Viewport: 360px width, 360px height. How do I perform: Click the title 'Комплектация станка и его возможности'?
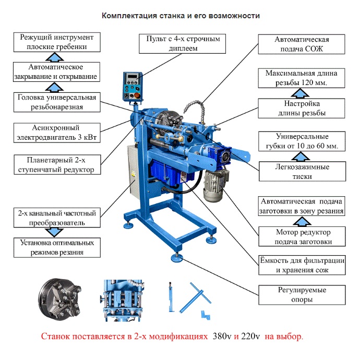pos(181,16)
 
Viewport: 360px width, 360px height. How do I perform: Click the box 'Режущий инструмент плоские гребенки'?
pos(56,42)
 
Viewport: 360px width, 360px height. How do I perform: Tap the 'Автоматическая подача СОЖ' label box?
pos(302,44)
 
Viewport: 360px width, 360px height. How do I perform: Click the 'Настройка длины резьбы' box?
pos(302,108)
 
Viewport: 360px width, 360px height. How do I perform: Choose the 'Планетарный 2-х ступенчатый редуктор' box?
pos(56,165)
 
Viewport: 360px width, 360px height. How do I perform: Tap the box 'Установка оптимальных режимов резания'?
pos(56,247)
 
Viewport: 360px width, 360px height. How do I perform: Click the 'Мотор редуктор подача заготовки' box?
pos(302,236)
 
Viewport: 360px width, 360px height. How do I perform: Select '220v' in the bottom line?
pos(253,336)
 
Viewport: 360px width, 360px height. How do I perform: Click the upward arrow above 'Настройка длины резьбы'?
pos(302,93)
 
